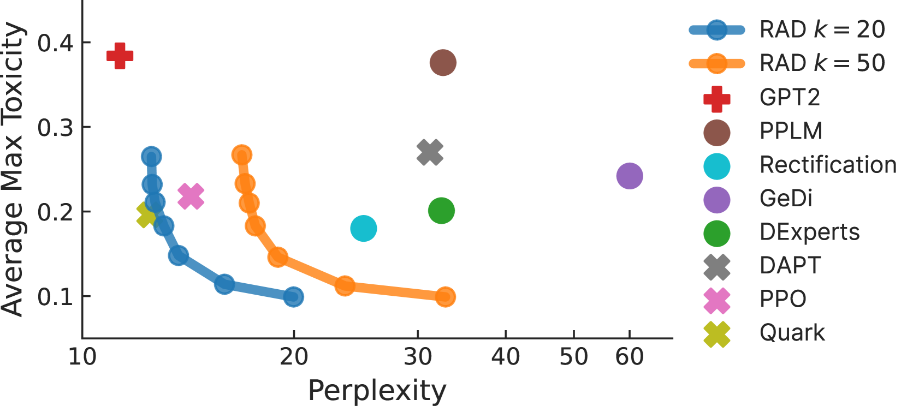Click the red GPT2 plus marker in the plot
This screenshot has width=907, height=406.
120,56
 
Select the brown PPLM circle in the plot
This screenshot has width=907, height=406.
443,63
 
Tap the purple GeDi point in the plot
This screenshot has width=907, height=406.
629,176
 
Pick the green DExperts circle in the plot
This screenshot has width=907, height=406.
441,211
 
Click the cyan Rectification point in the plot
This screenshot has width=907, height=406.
363,228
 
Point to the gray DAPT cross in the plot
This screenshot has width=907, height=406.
430,152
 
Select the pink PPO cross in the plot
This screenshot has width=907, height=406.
191,196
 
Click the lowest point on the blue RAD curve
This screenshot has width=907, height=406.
293,297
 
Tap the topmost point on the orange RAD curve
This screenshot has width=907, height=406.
241,155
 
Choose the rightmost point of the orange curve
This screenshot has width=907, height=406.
445,297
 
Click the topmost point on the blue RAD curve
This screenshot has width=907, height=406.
151,157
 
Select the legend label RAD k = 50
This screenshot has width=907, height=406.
822,63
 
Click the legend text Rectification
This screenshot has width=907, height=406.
828,165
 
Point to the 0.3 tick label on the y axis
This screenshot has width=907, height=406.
55,127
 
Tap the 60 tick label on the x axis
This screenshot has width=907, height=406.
629,357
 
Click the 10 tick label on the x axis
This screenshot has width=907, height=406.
82,357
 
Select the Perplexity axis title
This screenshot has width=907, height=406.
377,391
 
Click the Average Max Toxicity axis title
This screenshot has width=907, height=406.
13,169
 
